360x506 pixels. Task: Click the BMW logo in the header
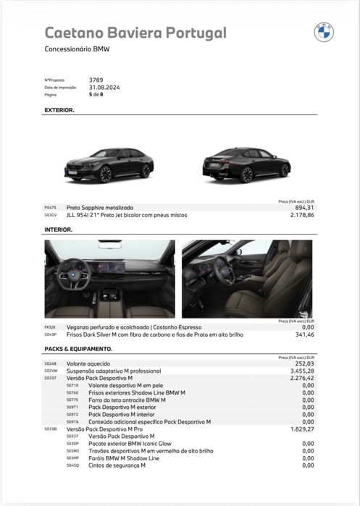coord(323,33)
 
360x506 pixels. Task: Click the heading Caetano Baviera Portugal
coord(135,33)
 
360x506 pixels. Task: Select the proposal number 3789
coord(96,80)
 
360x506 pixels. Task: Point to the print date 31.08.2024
coord(104,87)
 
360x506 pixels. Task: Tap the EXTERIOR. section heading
coord(59,110)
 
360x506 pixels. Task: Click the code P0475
coord(50,208)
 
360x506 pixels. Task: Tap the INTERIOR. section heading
coord(59,229)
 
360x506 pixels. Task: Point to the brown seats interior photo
coord(248,279)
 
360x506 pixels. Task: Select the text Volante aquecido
coord(88,363)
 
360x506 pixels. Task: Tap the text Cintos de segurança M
coord(117,465)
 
